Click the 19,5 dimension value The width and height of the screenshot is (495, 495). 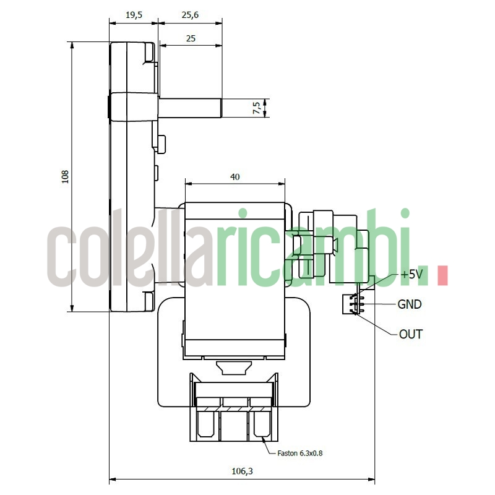pos(134,15)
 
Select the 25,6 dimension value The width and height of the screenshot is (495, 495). pos(190,15)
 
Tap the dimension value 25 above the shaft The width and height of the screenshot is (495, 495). pos(190,38)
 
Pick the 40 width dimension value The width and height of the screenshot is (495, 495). pos(235,177)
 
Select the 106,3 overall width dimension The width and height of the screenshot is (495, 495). pos(242,471)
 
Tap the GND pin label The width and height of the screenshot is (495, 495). pos(409,304)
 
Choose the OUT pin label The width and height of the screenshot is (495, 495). pos(410,334)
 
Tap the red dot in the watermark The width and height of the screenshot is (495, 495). pos(442,276)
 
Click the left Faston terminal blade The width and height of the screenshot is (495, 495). pos(206,424)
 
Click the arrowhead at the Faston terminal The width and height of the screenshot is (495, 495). pos(263,439)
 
